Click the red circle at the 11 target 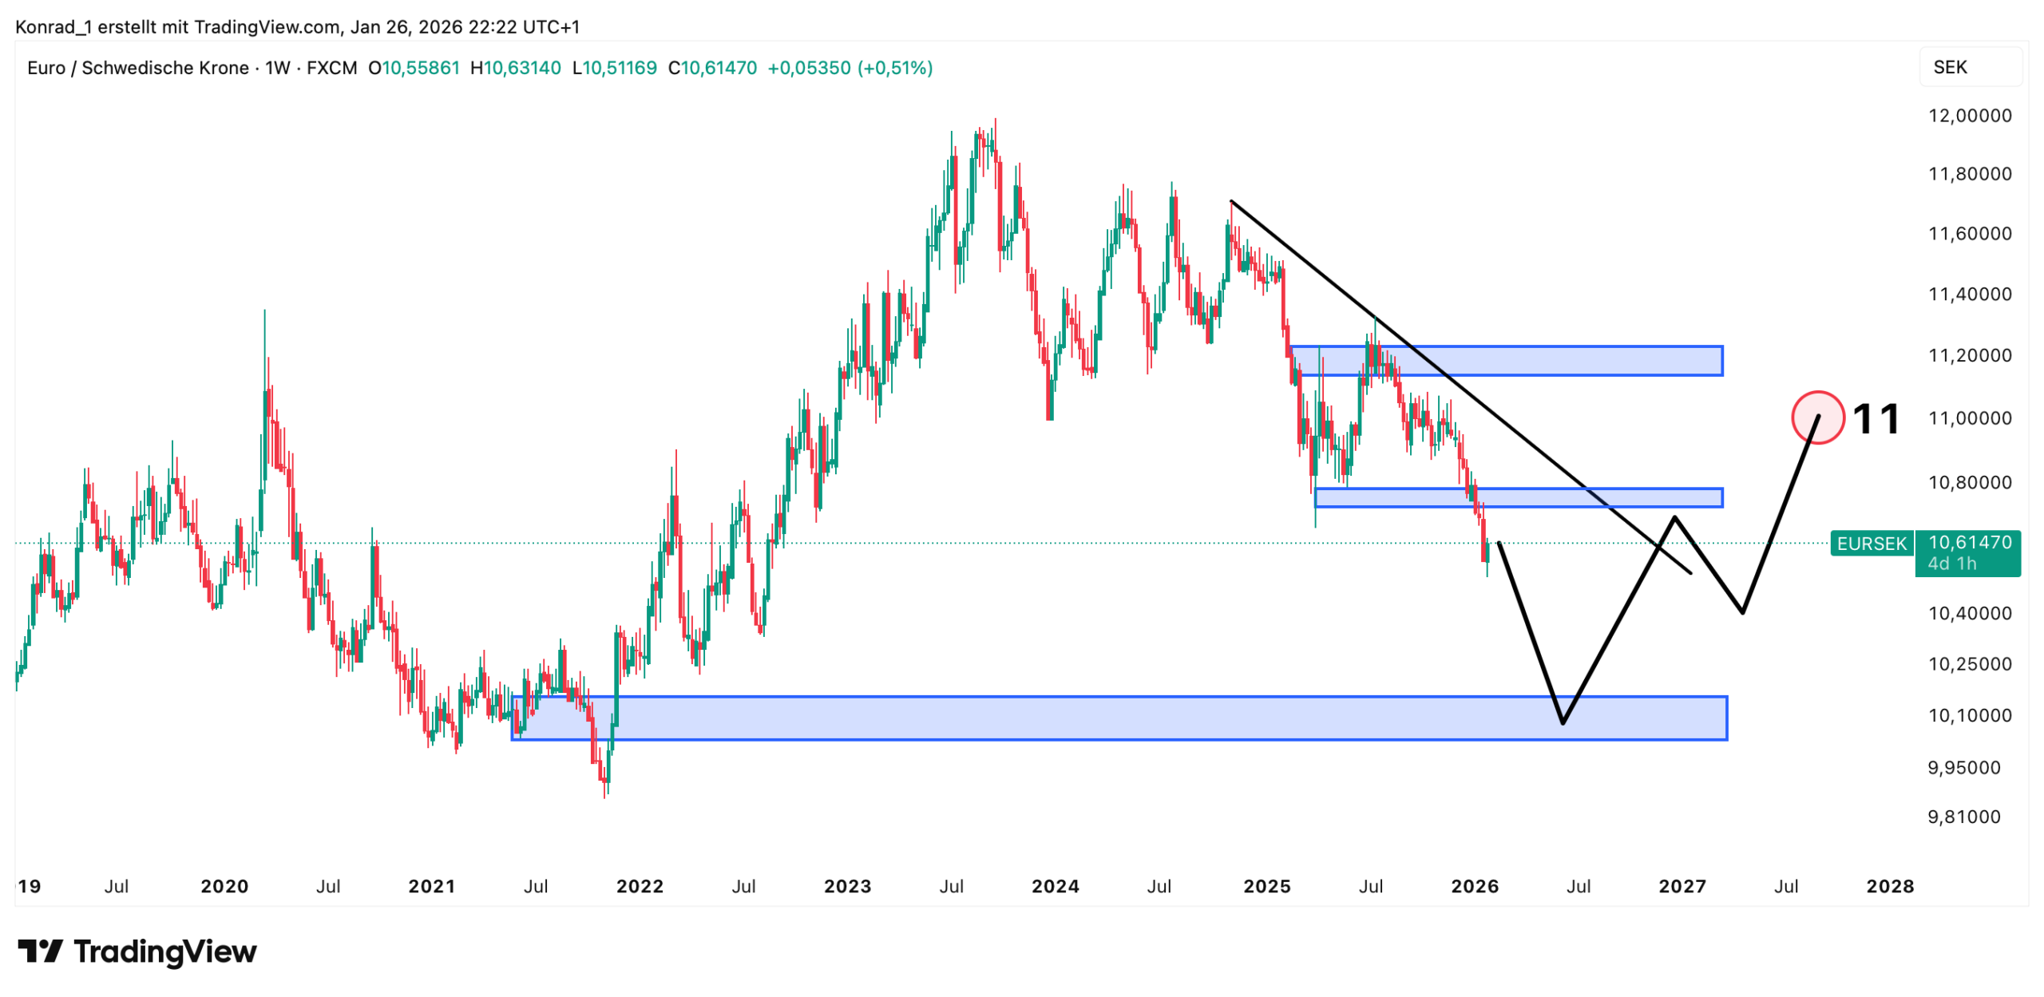click(1816, 417)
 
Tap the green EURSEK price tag click(1870, 544)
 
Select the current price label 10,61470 click(1969, 543)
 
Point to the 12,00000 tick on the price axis click(1969, 116)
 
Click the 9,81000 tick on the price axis click(1963, 817)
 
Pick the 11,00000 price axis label click(1969, 418)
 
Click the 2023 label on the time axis click(847, 886)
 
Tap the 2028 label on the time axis click(1889, 886)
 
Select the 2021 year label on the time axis click(431, 886)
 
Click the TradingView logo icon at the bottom click(40, 951)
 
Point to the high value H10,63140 click(515, 68)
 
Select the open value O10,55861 click(414, 68)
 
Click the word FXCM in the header click(331, 68)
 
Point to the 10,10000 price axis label click(1969, 715)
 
